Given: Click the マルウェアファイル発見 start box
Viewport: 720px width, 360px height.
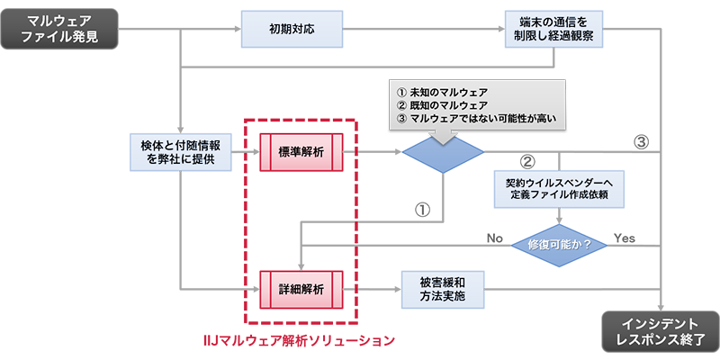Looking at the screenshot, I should click(58, 29).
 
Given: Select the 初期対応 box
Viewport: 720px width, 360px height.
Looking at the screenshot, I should click(291, 29).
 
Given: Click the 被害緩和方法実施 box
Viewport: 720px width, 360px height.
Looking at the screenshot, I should click(443, 289).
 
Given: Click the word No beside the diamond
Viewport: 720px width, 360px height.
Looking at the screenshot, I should click(494, 238).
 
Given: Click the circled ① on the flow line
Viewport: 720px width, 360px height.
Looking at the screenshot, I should click(420, 208).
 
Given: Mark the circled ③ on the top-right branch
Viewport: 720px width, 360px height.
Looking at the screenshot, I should click(640, 140).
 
